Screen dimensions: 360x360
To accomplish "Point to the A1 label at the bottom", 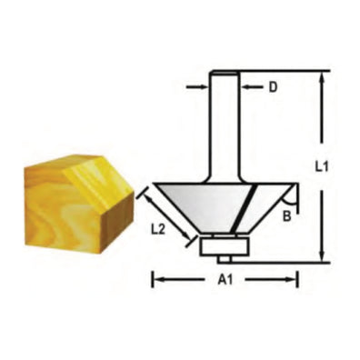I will [x=223, y=281].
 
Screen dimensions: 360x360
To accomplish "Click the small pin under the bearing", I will [x=223, y=257].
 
